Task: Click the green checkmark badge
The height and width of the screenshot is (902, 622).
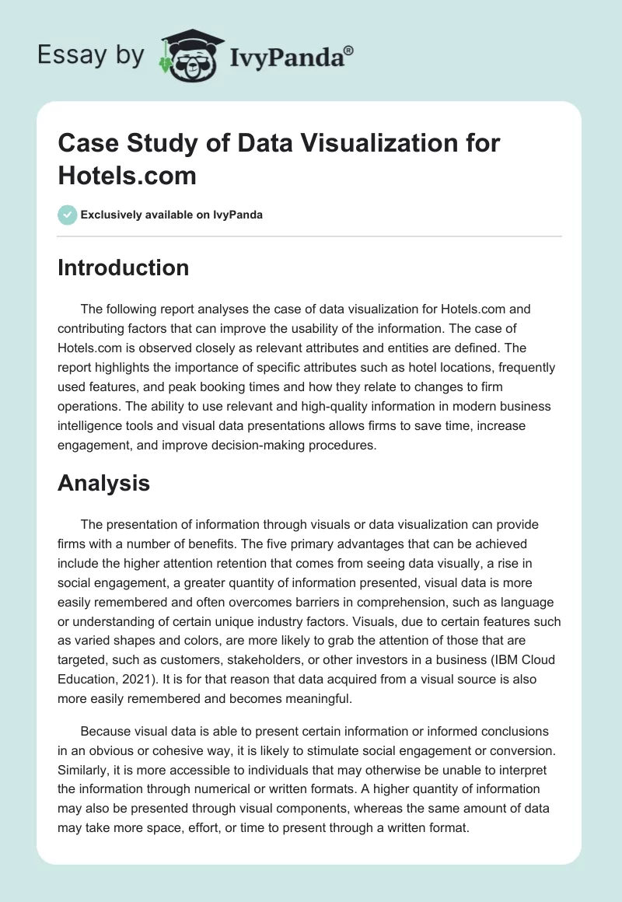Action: pos(68,215)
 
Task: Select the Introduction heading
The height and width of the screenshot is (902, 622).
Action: pos(123,267)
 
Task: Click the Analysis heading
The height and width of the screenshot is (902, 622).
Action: pos(103,484)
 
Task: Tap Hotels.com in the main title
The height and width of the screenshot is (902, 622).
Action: pos(128,175)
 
